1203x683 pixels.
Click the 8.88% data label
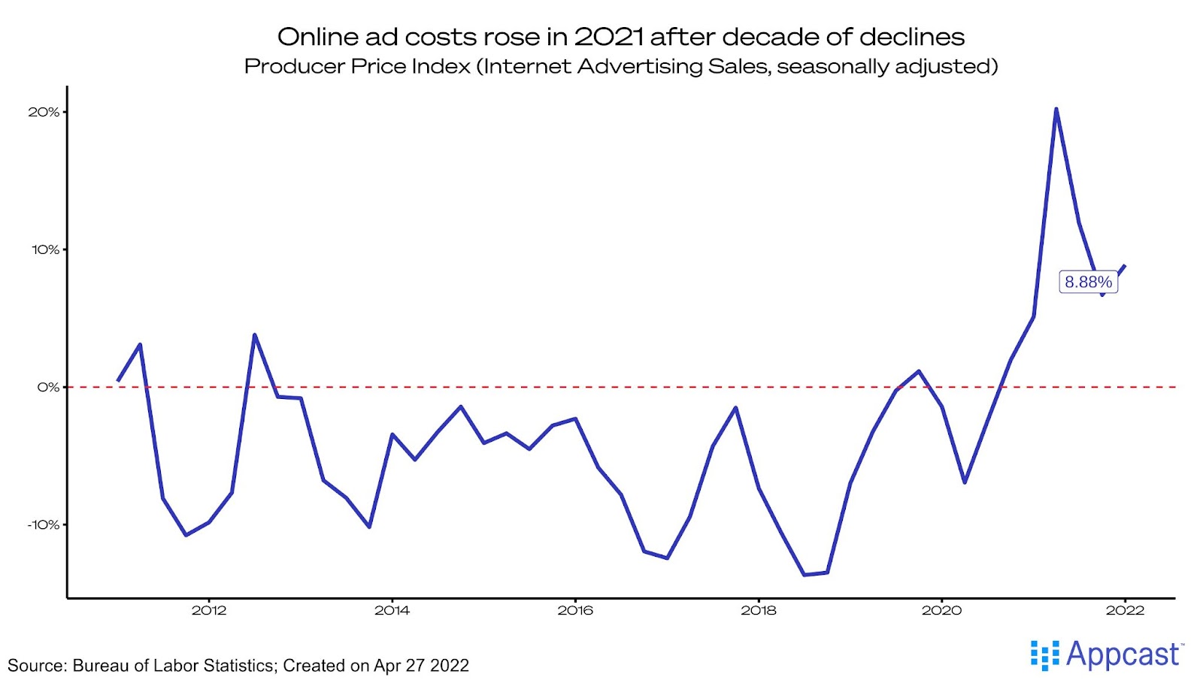1088,282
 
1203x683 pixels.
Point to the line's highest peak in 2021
1056,109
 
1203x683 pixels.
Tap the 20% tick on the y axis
44,112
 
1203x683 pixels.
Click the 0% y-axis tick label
48,387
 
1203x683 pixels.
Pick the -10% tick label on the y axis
43,524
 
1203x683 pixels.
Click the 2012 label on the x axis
209,610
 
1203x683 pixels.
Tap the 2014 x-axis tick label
392,610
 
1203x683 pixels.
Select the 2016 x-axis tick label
575,610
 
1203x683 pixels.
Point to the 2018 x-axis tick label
759,610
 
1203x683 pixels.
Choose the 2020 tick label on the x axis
941,610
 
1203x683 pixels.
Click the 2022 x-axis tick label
1125,610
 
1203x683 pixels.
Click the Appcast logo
1107,654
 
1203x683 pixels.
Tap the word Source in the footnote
35,666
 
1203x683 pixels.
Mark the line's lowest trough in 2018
805,575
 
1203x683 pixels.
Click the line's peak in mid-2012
254,335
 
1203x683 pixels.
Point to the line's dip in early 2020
965,482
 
